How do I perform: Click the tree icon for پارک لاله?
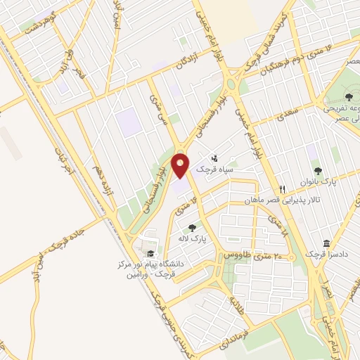coord(193,228)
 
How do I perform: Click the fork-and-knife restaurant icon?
coord(283,188)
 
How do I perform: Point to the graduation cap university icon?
coord(150,254)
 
